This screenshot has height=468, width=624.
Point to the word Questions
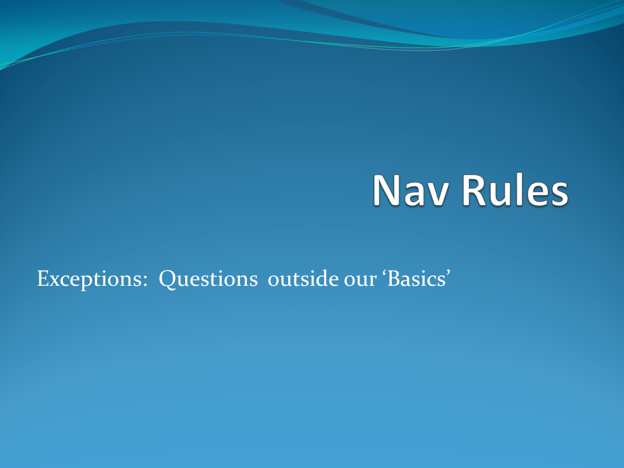pos(208,279)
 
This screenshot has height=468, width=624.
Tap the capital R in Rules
pos(476,190)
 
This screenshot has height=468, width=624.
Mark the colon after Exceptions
pos(144,282)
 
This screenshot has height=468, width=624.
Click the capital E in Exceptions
pos(43,279)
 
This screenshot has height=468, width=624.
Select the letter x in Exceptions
pos(53,282)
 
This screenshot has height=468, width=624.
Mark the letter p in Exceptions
pos(85,283)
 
